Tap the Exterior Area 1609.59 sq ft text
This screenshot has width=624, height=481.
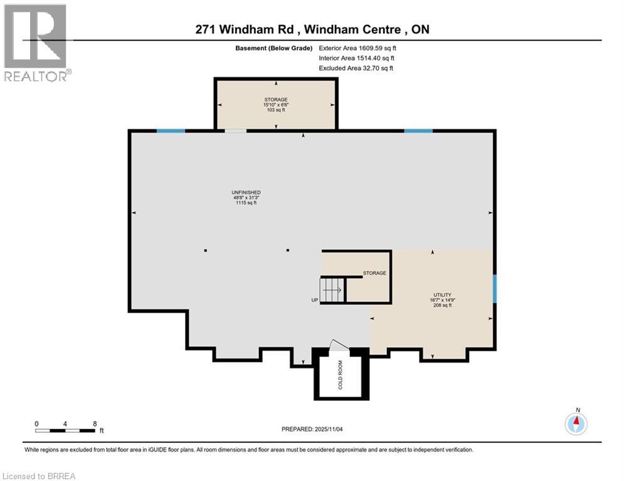[x=357, y=48]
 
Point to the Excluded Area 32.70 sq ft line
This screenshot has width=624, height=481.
[x=356, y=68]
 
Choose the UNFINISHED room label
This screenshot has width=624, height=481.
[x=246, y=192]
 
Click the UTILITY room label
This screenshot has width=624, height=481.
[x=442, y=294]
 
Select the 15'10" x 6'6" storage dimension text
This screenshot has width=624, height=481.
[x=275, y=105]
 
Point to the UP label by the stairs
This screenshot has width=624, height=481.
[x=315, y=300]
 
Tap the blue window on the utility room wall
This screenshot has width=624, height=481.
[x=494, y=287]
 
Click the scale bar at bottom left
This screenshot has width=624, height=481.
[x=65, y=430]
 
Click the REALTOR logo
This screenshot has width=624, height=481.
[x=37, y=43]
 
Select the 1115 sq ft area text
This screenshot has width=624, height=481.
[x=246, y=203]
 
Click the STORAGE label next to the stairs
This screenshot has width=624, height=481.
[x=374, y=273]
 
